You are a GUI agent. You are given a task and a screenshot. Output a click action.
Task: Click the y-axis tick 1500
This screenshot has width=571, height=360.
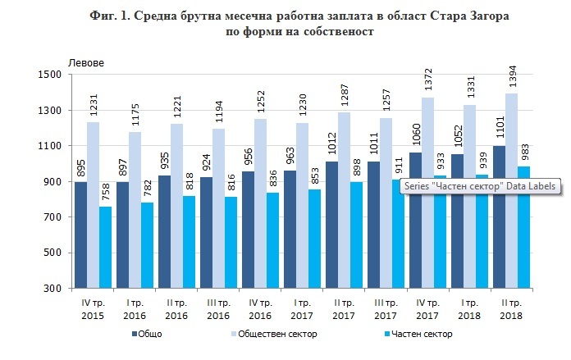click(x=52, y=75)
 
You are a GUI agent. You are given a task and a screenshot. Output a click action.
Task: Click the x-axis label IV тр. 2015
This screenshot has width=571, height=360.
click(x=94, y=310)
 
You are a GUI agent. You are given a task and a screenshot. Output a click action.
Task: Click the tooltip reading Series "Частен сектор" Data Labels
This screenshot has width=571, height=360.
click(x=479, y=186)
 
